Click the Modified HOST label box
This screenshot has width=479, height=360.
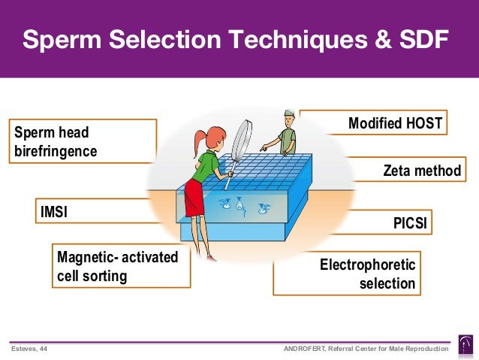point(396,123)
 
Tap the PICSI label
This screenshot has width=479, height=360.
point(412,222)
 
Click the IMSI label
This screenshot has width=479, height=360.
point(54,212)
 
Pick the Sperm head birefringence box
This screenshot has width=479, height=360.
point(83,141)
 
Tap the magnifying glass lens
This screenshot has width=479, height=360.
point(245,139)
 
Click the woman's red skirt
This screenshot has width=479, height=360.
point(194,197)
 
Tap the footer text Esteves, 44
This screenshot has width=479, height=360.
point(28,348)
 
